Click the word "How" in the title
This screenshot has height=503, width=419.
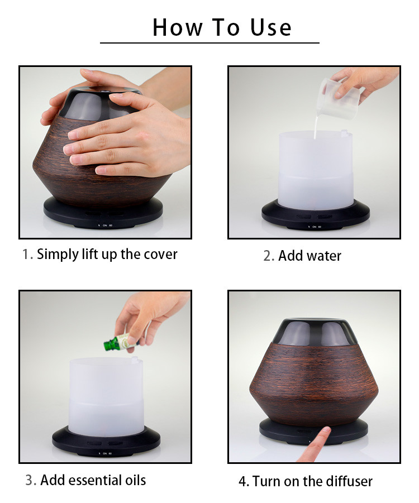(x=178, y=27)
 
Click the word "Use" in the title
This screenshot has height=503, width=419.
(x=270, y=27)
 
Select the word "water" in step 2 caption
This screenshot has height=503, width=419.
(x=323, y=256)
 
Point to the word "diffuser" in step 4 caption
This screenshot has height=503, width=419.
(x=349, y=481)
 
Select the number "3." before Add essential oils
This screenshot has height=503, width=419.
(x=31, y=480)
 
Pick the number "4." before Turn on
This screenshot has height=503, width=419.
(x=244, y=481)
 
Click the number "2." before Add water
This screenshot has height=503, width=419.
(x=269, y=256)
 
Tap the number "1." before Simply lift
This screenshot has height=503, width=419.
(x=27, y=255)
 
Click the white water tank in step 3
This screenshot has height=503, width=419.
(x=106, y=397)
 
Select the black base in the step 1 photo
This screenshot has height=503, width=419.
(x=103, y=214)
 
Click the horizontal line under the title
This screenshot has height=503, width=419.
(x=209, y=42)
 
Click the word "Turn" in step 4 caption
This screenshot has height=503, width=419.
(x=266, y=481)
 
